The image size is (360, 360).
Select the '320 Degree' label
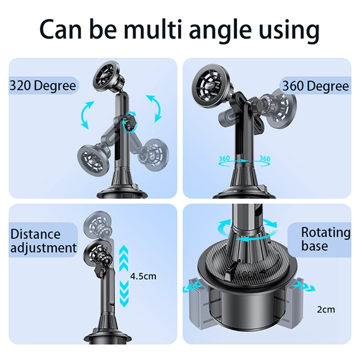click(x=43, y=86)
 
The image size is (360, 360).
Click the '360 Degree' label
click(x=316, y=86)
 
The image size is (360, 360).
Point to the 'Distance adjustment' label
click(x=43, y=241)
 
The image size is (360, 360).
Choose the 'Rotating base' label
click(x=326, y=239)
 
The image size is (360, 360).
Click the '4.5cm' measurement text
click(x=143, y=276)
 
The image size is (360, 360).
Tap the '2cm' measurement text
click(x=326, y=310)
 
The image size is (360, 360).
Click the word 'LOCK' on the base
click(x=247, y=275)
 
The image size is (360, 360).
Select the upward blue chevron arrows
click(x=124, y=258)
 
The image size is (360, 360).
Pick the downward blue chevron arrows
click(x=124, y=294)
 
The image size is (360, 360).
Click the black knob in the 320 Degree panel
click(x=130, y=122)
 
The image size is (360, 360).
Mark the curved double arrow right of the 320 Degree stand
click(x=154, y=109)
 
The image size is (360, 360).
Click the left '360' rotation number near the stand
click(x=224, y=158)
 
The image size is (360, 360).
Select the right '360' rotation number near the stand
click(x=265, y=158)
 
